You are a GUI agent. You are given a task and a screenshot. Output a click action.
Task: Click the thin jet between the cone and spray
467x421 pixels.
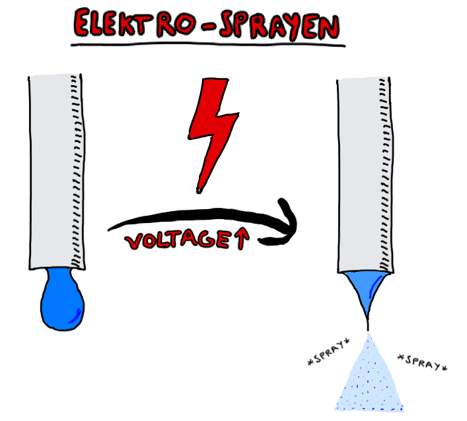click(368, 324)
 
